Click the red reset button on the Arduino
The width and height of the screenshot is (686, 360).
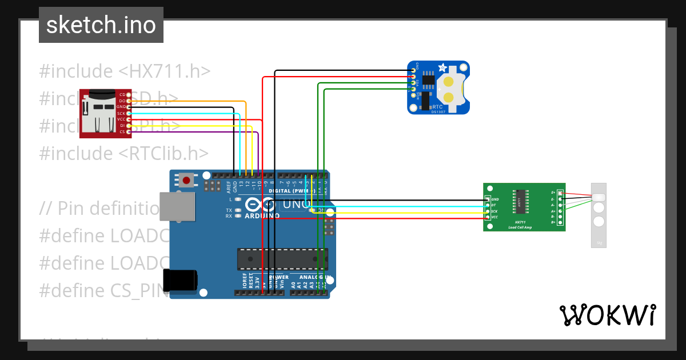186,181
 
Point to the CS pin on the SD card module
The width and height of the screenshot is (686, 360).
129,132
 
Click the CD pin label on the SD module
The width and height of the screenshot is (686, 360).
122,94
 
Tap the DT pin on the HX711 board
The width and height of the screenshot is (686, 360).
488,205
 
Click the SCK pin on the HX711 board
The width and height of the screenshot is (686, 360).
488,211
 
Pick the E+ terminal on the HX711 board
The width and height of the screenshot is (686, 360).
560,193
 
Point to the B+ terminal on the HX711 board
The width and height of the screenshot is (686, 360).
560,222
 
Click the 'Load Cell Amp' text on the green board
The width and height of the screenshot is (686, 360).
520,227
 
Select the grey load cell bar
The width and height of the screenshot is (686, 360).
599,215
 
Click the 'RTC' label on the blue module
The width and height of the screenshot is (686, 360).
437,106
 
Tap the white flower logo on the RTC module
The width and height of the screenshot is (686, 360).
442,67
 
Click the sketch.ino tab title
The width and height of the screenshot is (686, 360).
101,25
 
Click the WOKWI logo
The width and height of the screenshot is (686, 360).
607,315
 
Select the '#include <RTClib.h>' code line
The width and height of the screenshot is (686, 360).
124,153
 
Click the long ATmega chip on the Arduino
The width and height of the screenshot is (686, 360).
282,258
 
